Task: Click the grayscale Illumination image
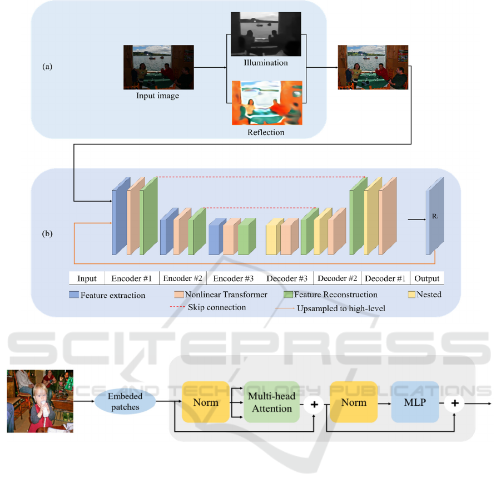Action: (x=266, y=34)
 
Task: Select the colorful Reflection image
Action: (x=266, y=103)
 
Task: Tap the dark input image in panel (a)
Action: (x=158, y=67)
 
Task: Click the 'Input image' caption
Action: (x=158, y=96)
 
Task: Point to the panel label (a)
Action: (x=48, y=66)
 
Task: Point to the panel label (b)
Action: (x=48, y=233)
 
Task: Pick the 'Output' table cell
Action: (x=427, y=278)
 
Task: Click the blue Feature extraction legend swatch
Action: (x=74, y=295)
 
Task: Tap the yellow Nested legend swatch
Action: (x=412, y=294)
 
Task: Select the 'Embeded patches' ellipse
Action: (x=125, y=402)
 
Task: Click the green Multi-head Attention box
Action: (x=270, y=402)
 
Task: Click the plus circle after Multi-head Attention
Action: (x=314, y=404)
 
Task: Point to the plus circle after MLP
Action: (x=454, y=404)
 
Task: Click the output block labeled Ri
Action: (x=435, y=217)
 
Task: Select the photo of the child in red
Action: (x=40, y=401)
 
